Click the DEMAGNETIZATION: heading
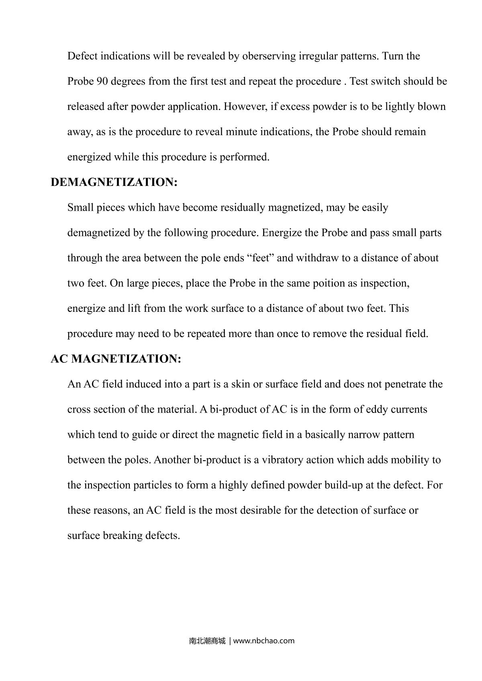(x=114, y=182)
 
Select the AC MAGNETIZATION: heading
(x=116, y=359)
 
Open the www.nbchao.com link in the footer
(x=264, y=641)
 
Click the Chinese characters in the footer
(x=207, y=641)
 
